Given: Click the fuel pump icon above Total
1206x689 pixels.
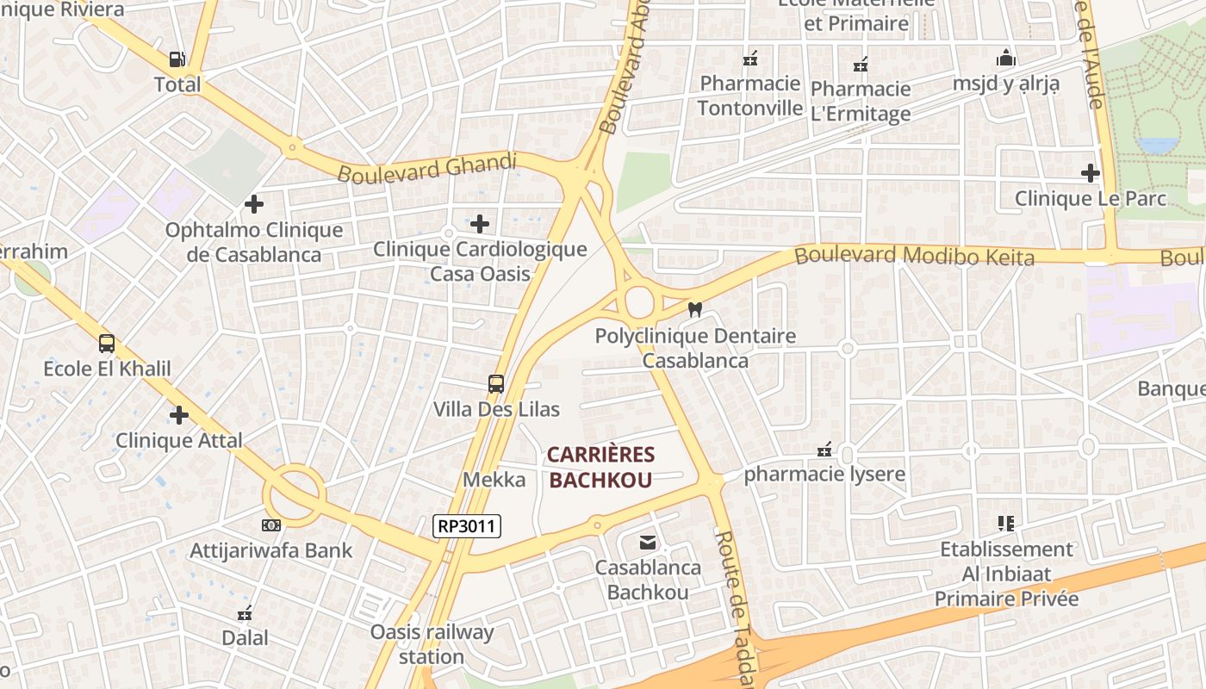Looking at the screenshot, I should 177,59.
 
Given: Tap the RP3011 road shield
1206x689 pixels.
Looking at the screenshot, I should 466,525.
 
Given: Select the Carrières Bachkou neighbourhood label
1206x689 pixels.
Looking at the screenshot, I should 600,467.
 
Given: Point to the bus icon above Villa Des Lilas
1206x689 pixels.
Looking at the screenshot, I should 496,384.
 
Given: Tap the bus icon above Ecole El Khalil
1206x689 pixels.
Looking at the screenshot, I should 107,344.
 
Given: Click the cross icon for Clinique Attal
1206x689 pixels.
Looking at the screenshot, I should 179,415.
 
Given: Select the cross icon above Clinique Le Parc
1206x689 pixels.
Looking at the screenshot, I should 1091,173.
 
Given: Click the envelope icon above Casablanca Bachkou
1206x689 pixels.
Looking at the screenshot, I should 648,543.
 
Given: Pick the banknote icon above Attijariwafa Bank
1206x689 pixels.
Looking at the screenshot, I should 271,525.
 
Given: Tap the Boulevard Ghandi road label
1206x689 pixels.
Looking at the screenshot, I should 427,167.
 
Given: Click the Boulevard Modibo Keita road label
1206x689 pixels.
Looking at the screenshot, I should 914,256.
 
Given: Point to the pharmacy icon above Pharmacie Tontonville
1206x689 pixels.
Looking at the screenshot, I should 750,59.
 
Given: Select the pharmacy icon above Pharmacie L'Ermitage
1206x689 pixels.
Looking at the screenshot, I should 860,65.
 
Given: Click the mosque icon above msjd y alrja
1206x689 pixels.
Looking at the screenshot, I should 1005,59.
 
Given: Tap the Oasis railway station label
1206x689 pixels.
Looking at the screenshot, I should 432,644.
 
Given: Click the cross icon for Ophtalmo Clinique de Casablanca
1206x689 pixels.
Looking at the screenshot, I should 253,204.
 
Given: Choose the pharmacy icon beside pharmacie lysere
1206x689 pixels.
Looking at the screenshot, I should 824,450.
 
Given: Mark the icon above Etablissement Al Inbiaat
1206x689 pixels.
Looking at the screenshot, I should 1005,524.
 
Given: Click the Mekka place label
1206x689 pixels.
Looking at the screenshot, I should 494,480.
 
